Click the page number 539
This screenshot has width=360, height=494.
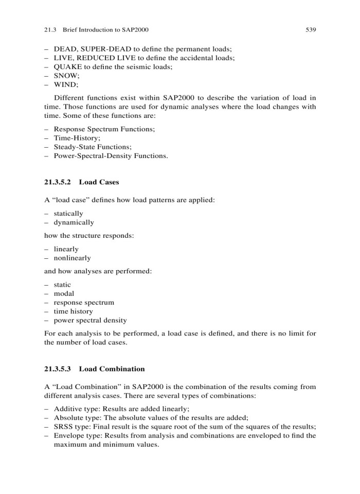[x=310, y=30]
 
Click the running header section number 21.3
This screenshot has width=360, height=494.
[x=50, y=30]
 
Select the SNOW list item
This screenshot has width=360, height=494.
[x=66, y=76]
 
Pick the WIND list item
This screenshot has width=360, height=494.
[x=65, y=85]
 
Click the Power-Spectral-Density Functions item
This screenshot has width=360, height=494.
[x=111, y=156]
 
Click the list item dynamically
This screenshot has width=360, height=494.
[x=74, y=222]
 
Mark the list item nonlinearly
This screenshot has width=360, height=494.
[x=72, y=258]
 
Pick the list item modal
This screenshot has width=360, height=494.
[x=64, y=293]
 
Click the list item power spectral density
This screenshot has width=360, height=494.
[x=90, y=320]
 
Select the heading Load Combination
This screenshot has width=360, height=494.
[x=112, y=369]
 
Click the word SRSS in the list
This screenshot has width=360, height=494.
[x=64, y=426]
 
